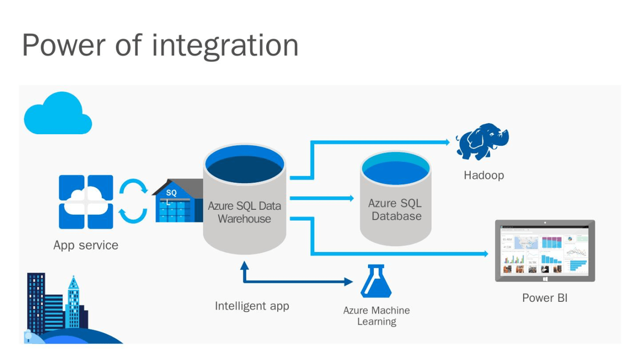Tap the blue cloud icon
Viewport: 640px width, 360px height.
pos(57,114)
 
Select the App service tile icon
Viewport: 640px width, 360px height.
pos(86,202)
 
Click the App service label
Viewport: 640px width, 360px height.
pos(85,245)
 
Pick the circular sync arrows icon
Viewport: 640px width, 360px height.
pos(133,202)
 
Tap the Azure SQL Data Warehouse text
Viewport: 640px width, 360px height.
pos(244,212)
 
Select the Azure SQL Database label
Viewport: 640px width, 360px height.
pos(395,210)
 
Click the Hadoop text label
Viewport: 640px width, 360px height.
pos(483,175)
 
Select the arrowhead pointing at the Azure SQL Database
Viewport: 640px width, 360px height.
pos(351,198)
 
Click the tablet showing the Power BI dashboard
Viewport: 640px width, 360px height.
pos(544,251)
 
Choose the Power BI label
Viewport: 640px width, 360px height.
pos(544,298)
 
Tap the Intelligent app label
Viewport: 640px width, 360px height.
pos(252,306)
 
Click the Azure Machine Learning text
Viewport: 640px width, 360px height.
pos(376,316)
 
